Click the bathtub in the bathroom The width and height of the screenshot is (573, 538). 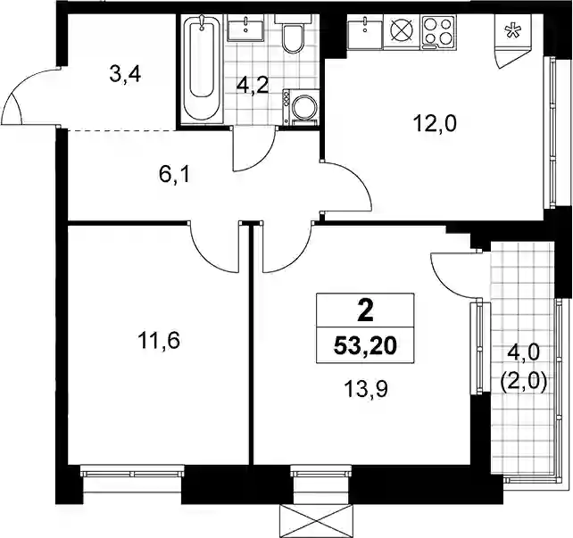(x=202, y=69)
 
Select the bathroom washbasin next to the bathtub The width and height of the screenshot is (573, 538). (x=245, y=29)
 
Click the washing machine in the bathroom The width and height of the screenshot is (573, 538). (x=301, y=107)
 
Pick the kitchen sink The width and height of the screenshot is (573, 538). (x=364, y=32)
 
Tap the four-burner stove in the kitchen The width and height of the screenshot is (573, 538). (x=438, y=32)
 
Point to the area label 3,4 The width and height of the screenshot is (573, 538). (x=125, y=76)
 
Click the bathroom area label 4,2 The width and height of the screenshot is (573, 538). (x=253, y=87)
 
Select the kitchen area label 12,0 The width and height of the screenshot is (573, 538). (x=435, y=123)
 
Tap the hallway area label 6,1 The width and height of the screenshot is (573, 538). (x=174, y=175)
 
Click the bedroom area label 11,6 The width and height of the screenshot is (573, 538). (x=159, y=341)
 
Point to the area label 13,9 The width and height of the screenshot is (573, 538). (x=366, y=389)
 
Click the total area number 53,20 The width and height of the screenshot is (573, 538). (x=365, y=345)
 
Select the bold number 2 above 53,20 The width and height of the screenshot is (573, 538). (x=365, y=311)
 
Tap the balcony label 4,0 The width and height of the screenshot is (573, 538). (x=523, y=353)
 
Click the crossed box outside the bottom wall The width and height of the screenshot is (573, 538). (x=317, y=521)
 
